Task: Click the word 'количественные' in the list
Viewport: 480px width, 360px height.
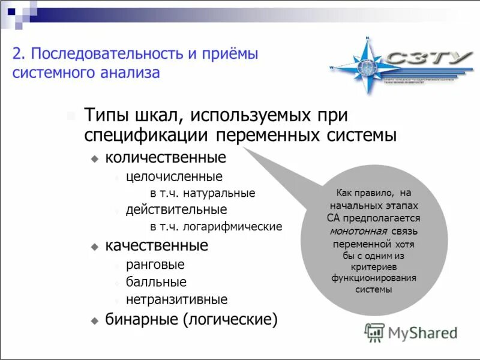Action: [166, 158]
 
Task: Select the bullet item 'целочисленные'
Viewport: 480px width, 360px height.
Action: [174, 177]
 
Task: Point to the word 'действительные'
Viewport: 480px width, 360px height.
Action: [176, 210]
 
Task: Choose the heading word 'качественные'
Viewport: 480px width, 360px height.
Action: [157, 245]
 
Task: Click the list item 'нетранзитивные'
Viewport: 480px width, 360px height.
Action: [176, 299]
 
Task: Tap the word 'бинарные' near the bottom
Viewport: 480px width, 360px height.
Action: [142, 319]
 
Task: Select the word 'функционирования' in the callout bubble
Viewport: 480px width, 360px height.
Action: [374, 278]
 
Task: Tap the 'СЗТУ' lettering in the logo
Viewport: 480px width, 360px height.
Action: [430, 58]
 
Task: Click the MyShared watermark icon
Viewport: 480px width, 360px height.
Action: [374, 332]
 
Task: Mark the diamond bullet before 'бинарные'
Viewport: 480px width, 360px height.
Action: [94, 320]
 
